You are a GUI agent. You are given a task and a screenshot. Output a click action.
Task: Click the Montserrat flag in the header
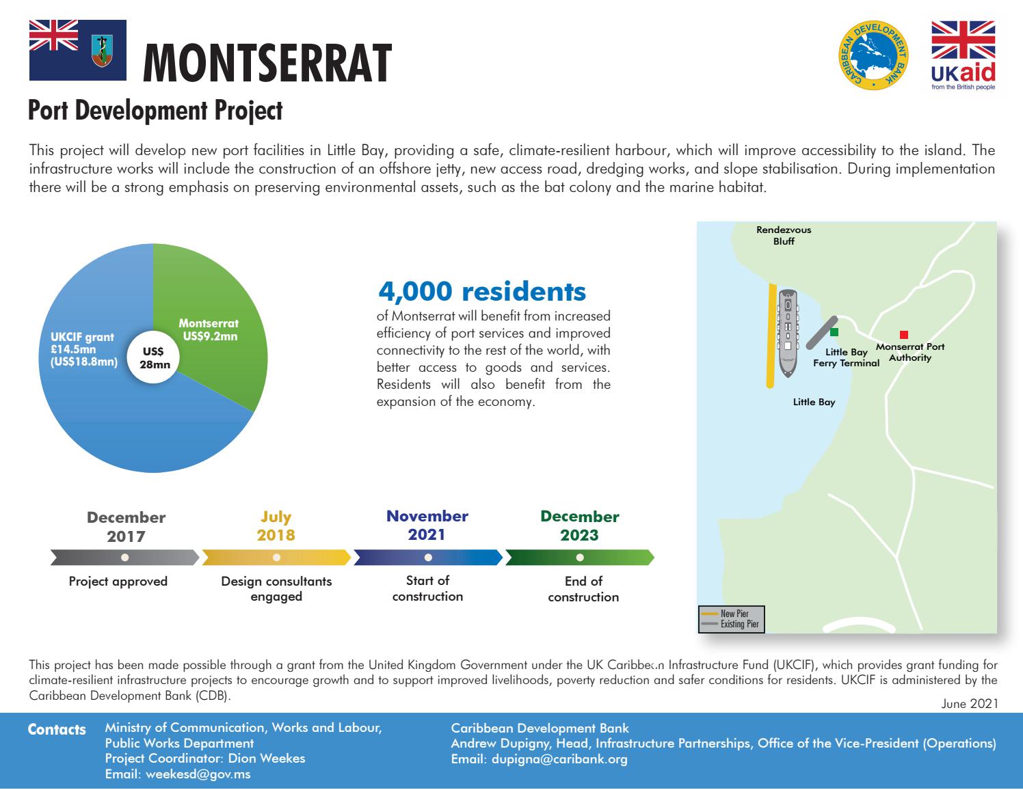(78, 49)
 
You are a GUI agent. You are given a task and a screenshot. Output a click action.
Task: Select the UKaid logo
(963, 56)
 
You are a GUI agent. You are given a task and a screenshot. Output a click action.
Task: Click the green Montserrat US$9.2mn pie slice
(212, 321)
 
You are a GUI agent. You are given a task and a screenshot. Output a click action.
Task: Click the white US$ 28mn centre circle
(153, 358)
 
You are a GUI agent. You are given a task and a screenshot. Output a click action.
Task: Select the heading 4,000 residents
(481, 291)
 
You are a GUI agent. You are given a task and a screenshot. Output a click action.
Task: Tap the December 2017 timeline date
(126, 526)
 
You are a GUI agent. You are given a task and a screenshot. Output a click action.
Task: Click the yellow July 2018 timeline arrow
(276, 558)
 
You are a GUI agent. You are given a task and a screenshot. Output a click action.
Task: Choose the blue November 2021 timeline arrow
(428, 558)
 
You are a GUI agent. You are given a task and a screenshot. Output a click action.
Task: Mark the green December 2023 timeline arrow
(580, 558)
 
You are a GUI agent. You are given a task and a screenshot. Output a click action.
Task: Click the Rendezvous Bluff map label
(784, 235)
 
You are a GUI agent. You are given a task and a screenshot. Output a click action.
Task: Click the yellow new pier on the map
(771, 335)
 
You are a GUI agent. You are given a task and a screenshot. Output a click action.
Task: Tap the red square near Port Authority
(903, 335)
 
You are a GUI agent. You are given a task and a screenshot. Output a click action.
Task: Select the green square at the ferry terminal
(834, 332)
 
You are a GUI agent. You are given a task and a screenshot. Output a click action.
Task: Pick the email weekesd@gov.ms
(178, 774)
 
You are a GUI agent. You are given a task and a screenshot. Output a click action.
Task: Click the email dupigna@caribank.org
(540, 759)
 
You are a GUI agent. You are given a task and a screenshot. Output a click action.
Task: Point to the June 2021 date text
(969, 703)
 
